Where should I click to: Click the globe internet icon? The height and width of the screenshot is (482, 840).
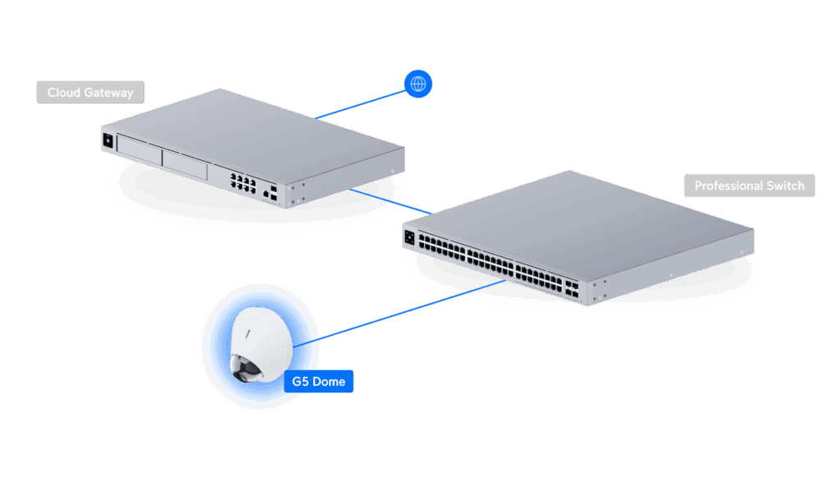coord(418,84)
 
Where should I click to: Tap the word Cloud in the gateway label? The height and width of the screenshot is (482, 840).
coord(62,93)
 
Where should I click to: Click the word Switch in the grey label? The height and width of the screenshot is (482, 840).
coord(786,186)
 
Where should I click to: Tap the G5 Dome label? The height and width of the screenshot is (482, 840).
coord(318,382)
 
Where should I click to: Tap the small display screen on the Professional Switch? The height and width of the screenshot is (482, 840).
coord(409,238)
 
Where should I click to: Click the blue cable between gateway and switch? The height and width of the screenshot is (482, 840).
coord(390,202)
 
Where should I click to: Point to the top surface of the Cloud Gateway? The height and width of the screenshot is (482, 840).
coord(254,127)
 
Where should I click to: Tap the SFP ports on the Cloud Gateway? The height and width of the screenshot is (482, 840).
coord(271,193)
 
